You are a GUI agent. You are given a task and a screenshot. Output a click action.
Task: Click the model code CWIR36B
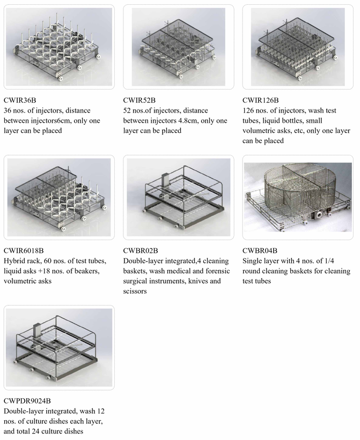coord(20,100)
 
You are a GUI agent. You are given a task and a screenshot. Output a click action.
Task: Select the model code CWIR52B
coord(139,100)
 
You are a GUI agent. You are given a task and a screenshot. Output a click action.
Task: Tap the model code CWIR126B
coord(261,100)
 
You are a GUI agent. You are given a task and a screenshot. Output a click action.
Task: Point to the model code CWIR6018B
coord(24,251)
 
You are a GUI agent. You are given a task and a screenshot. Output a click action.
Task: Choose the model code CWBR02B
coord(141,251)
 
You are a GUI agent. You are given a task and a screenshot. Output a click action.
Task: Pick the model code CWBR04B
coord(260,251)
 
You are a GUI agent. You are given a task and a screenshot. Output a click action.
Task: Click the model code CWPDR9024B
coord(27,401)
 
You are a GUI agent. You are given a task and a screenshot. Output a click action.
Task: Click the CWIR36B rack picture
coord(59,47)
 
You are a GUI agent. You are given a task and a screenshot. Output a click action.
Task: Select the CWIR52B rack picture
coord(178,47)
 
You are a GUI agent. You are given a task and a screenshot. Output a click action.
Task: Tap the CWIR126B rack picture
coord(298,47)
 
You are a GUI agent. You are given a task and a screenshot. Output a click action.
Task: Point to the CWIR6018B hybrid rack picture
coord(59,197)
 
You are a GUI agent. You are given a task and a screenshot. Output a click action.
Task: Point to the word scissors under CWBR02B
coord(135,291)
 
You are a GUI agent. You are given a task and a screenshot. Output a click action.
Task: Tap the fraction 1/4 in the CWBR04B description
coord(329,260)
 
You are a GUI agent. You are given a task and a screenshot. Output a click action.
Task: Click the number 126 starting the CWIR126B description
coord(248,110)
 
